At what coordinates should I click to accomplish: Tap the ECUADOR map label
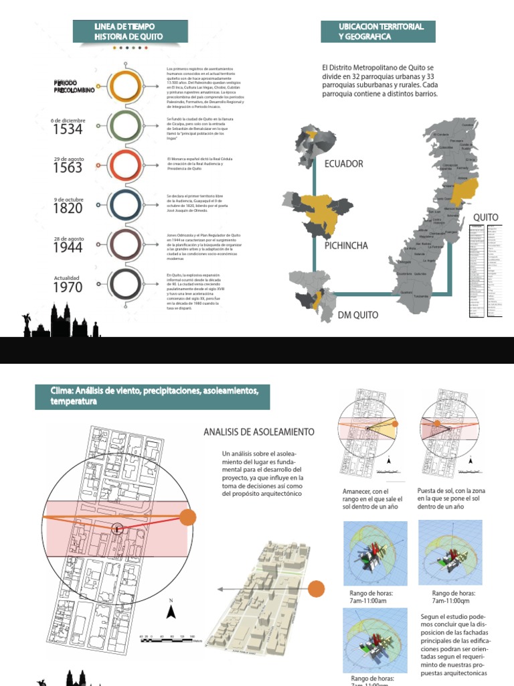point(343,163)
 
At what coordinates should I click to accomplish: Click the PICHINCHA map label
point(346,246)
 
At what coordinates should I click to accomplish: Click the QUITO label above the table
point(486,218)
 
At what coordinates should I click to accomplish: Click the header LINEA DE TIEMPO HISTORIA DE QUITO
point(128,31)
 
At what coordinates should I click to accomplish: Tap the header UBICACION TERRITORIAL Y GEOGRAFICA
point(377,31)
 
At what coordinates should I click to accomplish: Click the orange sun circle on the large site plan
point(188,517)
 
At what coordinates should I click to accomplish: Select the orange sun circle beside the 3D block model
point(317,589)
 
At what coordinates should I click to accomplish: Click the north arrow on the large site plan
point(171,610)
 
